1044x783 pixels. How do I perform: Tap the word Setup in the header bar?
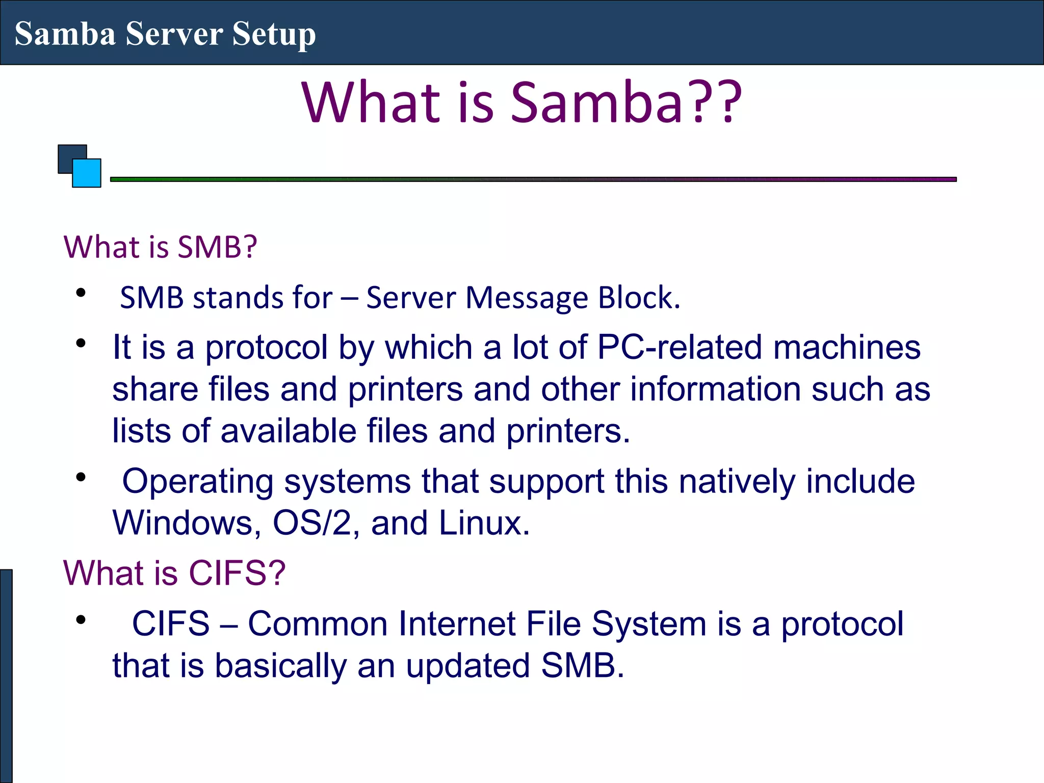pyautogui.click(x=274, y=35)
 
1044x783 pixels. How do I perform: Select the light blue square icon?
pyautogui.click(x=87, y=173)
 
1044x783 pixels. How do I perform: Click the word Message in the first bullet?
pyautogui.click(x=527, y=298)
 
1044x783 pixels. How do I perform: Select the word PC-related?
pyautogui.click(x=679, y=347)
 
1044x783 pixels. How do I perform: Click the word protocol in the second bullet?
pyautogui.click(x=266, y=348)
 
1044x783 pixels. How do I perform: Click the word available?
pyautogui.click(x=288, y=431)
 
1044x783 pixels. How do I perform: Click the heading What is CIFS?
pyautogui.click(x=174, y=572)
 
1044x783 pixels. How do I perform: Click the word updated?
pyautogui.click(x=468, y=666)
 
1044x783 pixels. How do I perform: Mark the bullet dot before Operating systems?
pyautogui.click(x=81, y=478)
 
